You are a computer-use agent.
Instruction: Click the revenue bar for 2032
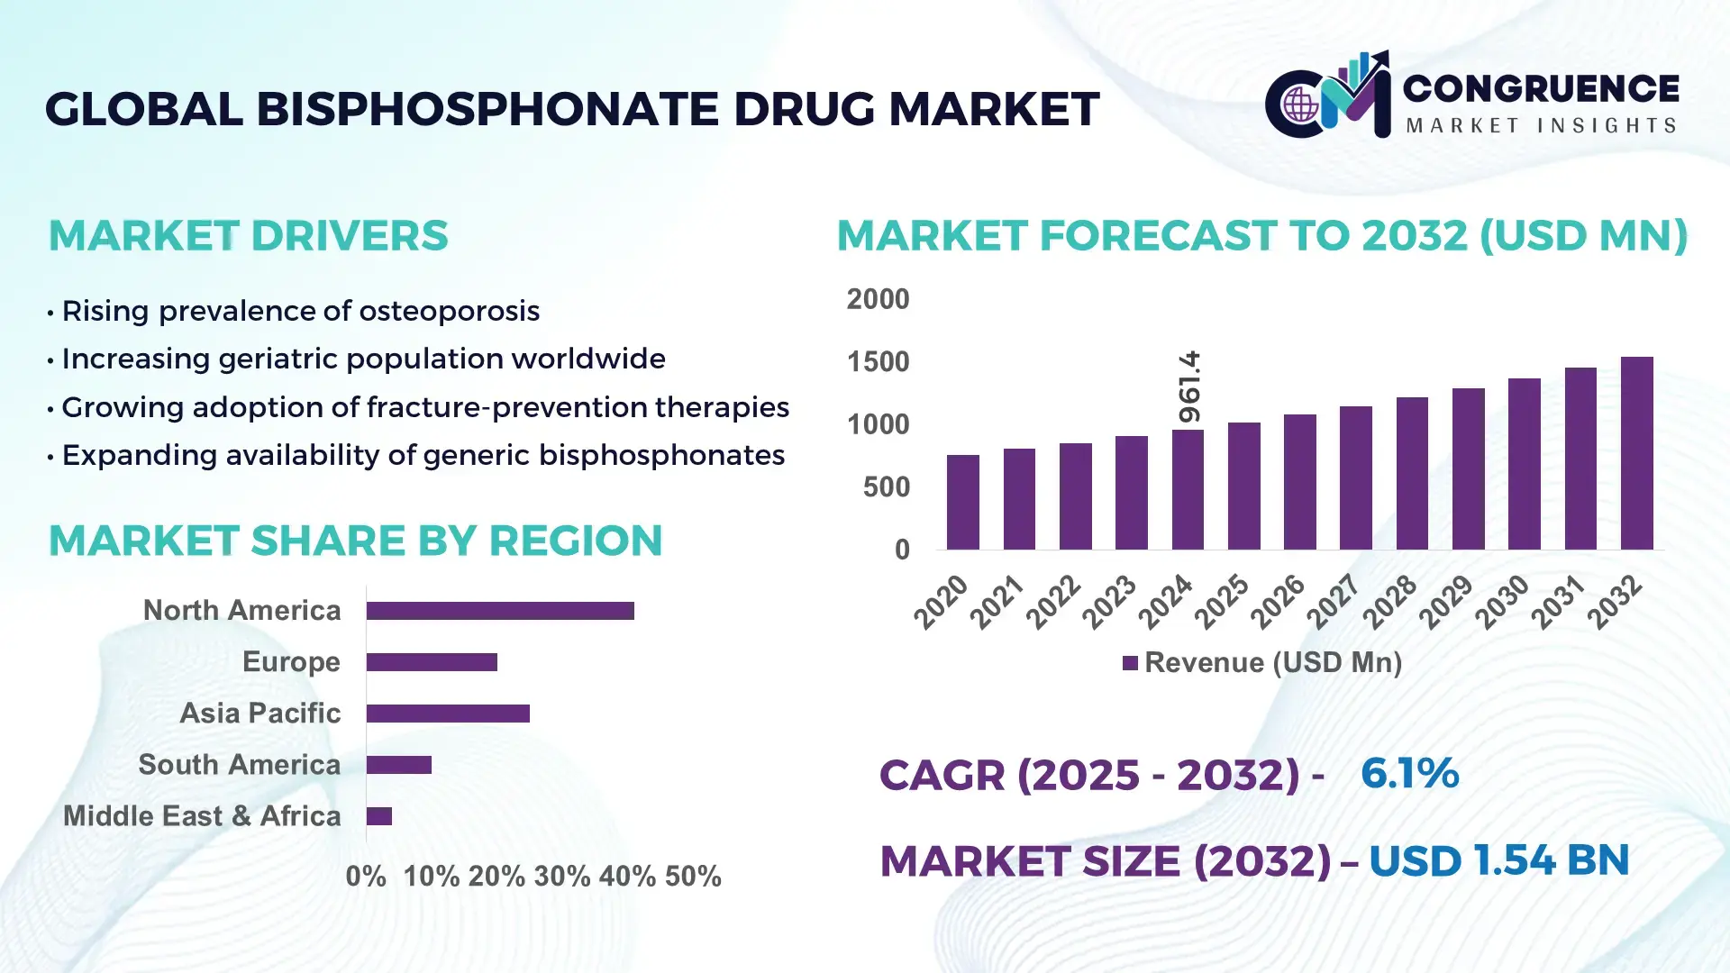point(1636,453)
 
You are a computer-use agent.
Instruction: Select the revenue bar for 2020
point(962,503)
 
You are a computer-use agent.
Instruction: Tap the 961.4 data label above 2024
point(1189,387)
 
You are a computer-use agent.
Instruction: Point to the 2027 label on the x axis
point(1334,601)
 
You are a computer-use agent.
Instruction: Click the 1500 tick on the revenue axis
point(878,362)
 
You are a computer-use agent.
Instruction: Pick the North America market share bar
point(500,611)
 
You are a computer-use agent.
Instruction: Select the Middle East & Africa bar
point(379,816)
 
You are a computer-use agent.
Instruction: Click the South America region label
point(239,765)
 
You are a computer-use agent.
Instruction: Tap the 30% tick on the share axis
point(561,876)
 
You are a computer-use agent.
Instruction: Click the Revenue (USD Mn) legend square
point(1130,663)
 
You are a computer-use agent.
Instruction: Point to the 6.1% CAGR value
point(1409,774)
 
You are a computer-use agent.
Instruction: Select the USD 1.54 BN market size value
point(1498,860)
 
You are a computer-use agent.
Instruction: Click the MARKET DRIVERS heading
point(248,236)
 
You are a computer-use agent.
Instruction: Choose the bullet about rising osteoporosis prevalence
point(300,311)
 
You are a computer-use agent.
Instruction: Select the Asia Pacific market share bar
point(448,714)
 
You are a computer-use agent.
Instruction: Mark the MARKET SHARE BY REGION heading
point(355,541)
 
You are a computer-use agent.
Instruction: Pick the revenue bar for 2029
point(1468,468)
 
